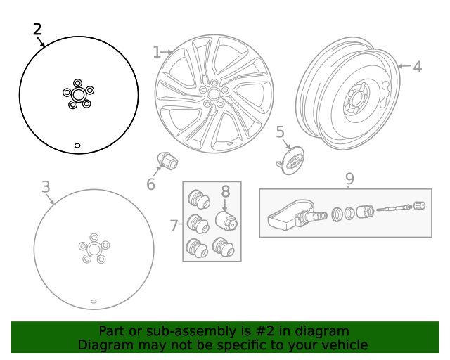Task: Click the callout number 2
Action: (37, 30)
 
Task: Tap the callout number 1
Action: (157, 52)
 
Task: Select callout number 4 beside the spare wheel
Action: (417, 67)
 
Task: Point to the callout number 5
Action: (280, 131)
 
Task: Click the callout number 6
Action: (150, 184)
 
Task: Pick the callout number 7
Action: (174, 226)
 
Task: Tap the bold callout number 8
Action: (226, 191)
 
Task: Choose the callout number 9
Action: (349, 179)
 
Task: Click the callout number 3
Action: (46, 187)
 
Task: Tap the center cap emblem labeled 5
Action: (292, 161)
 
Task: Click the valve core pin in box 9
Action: (393, 209)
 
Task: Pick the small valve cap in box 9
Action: (420, 206)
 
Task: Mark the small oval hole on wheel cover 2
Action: (77, 146)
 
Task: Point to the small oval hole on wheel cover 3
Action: (94, 301)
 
